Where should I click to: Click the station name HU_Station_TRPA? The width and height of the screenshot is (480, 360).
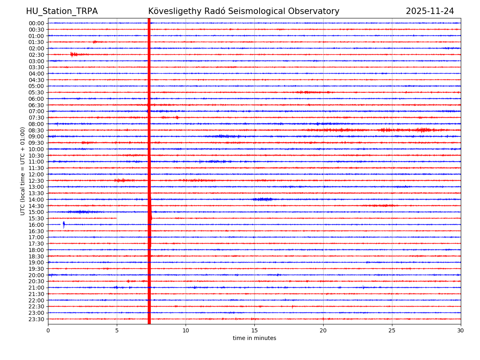point(62,12)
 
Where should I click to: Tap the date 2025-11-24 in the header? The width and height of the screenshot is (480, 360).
point(430,12)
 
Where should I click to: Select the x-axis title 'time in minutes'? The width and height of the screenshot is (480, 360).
point(254,338)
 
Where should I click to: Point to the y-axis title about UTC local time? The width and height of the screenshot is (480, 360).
point(23,171)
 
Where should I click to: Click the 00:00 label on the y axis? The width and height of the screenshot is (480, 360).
point(36,23)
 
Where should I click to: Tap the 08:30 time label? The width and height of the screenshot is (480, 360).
point(36,130)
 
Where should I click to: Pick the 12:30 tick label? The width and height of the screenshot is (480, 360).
point(36,181)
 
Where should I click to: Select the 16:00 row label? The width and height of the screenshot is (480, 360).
point(36,225)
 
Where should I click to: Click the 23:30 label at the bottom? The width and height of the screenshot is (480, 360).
point(36,319)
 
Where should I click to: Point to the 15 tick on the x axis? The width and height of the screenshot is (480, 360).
point(254,330)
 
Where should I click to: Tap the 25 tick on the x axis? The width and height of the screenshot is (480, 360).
point(392,330)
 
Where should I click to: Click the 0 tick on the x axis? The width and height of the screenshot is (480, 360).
point(48,330)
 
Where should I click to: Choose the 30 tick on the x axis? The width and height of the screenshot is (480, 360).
point(461,330)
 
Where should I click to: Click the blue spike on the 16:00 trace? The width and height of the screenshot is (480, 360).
point(64,225)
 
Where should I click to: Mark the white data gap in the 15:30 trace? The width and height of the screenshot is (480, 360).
point(132,218)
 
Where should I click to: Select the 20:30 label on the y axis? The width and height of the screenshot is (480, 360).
point(36,282)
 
